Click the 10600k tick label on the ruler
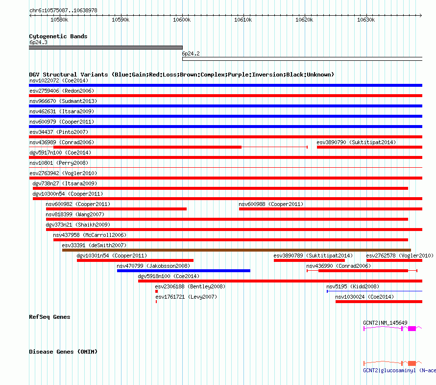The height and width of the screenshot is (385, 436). [182, 20]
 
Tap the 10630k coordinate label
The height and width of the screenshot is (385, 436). [365, 20]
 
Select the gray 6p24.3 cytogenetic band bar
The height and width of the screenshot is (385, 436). [105, 48]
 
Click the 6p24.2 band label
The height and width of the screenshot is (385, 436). [191, 53]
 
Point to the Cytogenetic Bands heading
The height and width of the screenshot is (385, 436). [58, 36]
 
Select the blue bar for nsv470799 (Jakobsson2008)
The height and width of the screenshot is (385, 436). [183, 271]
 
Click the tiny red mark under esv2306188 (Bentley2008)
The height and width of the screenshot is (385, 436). [156, 291]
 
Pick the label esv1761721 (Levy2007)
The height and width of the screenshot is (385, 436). [186, 297]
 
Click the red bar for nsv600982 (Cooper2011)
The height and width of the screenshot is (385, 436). [116, 209]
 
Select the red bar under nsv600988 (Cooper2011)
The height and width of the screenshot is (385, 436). [330, 209]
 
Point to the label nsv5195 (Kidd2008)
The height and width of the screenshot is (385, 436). [352, 286]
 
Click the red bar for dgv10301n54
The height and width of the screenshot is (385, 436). [135, 260]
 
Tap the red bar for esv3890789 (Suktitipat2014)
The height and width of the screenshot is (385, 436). [309, 260]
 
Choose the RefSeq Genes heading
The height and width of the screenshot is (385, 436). [49, 317]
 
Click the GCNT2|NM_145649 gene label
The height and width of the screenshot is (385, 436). [385, 323]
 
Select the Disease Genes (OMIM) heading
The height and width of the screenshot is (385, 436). [63, 352]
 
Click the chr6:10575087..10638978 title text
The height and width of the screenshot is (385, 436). [63, 10]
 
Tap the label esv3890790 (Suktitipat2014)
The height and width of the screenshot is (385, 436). [356, 142]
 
